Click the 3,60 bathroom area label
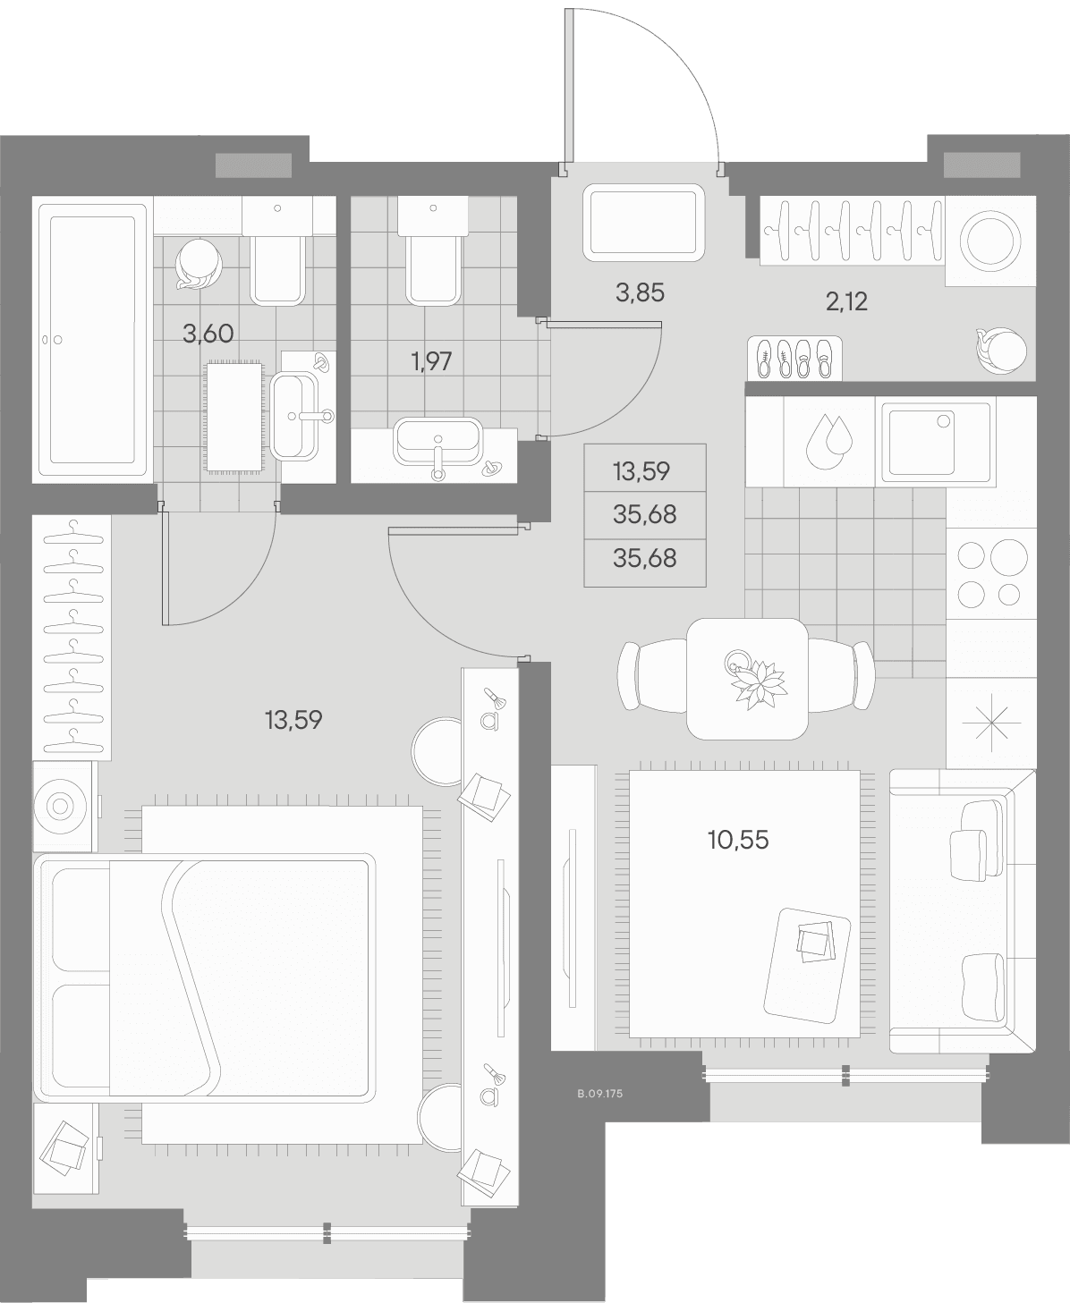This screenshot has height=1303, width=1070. click(208, 334)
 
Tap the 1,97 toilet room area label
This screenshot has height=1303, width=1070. click(431, 361)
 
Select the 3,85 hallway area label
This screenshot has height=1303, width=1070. click(640, 292)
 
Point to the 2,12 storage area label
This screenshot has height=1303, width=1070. click(846, 301)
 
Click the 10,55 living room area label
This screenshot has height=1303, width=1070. click(738, 840)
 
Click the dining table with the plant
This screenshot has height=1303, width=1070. click(747, 679)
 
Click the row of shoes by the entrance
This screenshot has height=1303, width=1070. click(794, 358)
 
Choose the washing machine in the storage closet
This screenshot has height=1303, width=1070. click(989, 241)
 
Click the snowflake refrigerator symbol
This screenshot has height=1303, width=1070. click(991, 721)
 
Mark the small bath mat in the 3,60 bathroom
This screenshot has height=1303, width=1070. click(234, 417)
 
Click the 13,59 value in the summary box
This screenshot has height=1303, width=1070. click(641, 471)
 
